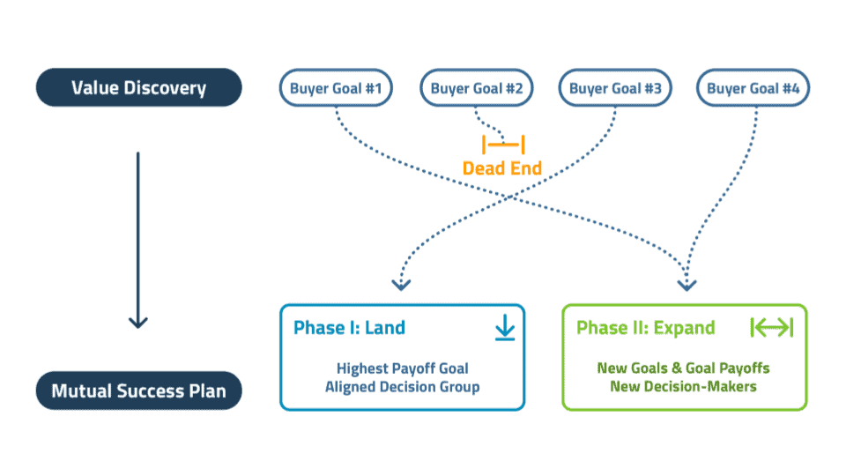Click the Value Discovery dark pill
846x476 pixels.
point(138,87)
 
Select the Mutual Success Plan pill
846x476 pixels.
point(138,390)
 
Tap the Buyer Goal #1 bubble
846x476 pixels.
point(336,88)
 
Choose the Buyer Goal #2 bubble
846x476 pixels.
point(477,88)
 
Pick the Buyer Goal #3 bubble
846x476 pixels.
point(615,88)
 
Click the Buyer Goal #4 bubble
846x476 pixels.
point(753,88)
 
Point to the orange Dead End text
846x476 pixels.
point(502,168)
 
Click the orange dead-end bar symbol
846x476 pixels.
point(503,145)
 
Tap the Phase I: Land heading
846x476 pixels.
point(349,328)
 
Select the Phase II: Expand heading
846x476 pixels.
point(646,328)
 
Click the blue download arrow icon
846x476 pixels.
point(505,328)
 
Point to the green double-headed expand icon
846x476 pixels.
point(772,327)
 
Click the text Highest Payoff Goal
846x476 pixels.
point(403,368)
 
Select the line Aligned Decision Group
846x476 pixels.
point(403,387)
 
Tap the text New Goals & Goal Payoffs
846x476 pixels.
point(684,368)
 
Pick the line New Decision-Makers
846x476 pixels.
point(684,386)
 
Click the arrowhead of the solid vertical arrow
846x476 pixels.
point(138,323)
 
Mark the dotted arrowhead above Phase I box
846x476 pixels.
point(401,285)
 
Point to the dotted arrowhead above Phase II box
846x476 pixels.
point(686,285)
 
